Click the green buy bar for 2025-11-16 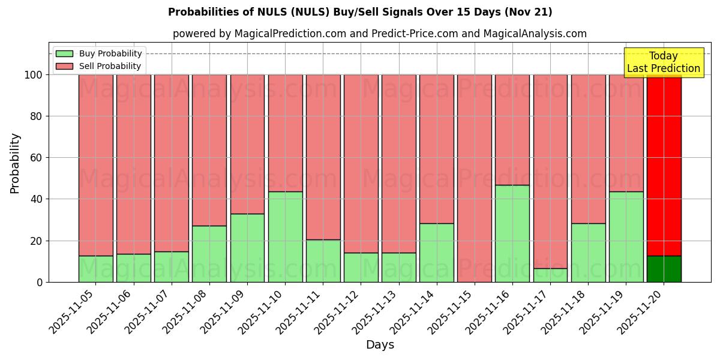(x=512, y=233)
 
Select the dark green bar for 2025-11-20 (x=664, y=269)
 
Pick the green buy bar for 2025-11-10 (x=285, y=236)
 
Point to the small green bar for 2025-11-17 (x=550, y=275)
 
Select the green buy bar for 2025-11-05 (x=95, y=269)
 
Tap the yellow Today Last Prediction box (x=663, y=62)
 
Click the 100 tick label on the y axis (x=32, y=75)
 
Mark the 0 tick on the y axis (x=38, y=282)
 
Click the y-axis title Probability (x=15, y=163)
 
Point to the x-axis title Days (x=379, y=345)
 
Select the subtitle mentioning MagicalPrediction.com (x=379, y=34)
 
